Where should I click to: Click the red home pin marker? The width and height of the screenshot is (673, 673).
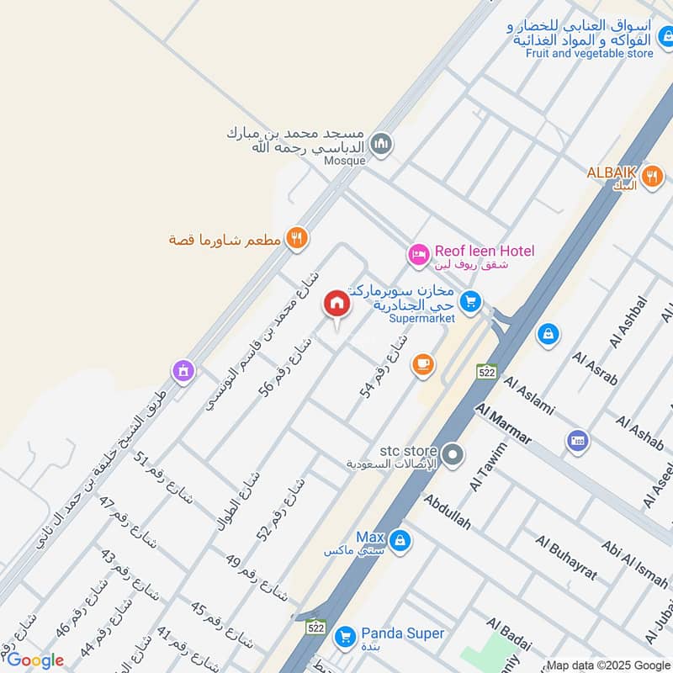(336, 304)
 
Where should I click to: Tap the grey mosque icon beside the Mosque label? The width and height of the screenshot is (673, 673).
(382, 145)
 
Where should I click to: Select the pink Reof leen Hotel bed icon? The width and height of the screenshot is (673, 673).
(418, 252)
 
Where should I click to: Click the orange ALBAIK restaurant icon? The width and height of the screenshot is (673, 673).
(650, 177)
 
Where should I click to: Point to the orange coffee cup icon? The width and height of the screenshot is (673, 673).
(422, 364)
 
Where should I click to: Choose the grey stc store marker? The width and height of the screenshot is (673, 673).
(453, 455)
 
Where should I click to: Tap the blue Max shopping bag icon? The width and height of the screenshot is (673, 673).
(400, 539)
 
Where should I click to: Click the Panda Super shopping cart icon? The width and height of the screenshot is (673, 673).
(344, 636)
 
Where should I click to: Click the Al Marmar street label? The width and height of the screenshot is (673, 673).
(503, 425)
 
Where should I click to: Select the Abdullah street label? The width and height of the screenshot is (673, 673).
(447, 511)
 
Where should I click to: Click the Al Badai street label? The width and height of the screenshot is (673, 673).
(509, 633)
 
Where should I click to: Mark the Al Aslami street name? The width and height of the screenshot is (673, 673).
(529, 395)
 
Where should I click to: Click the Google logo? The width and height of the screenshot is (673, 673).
(35, 660)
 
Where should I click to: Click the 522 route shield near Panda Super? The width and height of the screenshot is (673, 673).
(316, 627)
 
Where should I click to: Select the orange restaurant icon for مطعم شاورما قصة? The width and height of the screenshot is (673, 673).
(295, 239)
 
